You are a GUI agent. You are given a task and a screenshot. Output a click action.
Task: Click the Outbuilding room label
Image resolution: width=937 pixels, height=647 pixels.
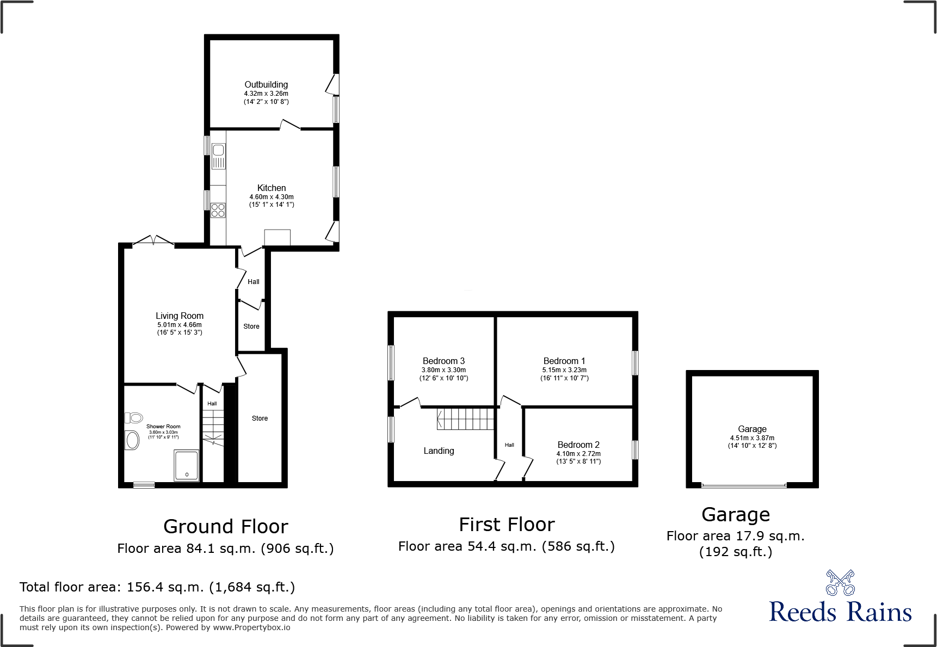click(266, 85)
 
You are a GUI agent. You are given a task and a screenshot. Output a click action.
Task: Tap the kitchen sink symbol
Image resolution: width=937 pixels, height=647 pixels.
click(218, 156)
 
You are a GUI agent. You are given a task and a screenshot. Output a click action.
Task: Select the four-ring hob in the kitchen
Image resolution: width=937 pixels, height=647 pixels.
click(218, 210)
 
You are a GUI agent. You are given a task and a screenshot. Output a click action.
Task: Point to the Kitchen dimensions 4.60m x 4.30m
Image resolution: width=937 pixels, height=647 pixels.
click(272, 197)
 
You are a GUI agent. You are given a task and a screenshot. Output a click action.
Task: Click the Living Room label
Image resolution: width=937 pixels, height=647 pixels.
click(180, 316)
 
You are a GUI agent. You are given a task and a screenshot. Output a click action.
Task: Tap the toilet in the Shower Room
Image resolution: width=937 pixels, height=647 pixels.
click(134, 418)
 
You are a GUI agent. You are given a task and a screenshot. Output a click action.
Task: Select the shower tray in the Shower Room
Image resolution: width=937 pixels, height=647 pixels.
click(187, 465)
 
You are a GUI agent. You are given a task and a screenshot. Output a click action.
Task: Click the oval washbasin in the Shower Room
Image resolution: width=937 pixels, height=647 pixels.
click(132, 440)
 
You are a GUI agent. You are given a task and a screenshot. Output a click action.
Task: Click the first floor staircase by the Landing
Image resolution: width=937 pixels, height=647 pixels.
click(465, 419)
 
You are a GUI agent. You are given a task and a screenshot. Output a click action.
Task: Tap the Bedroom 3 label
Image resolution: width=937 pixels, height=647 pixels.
click(443, 361)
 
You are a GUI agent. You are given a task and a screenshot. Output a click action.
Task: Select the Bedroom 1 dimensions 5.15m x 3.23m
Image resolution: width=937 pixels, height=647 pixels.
click(564, 370)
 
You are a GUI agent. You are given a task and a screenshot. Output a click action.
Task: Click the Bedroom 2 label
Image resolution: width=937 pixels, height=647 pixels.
click(578, 445)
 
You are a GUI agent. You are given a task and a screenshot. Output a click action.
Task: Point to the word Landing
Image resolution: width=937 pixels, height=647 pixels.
click(439, 451)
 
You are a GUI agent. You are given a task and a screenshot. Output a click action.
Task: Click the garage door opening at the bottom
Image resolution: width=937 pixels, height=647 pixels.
click(744, 485)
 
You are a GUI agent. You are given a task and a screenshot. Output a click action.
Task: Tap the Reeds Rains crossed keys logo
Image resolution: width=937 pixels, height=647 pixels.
click(840, 583)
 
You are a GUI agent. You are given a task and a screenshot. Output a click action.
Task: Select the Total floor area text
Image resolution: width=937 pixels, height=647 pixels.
click(157, 588)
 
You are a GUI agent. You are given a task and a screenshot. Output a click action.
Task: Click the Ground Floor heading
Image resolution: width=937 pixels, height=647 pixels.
click(225, 527)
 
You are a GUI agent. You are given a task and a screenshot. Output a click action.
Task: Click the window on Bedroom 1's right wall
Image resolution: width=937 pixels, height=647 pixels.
click(635, 363)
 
